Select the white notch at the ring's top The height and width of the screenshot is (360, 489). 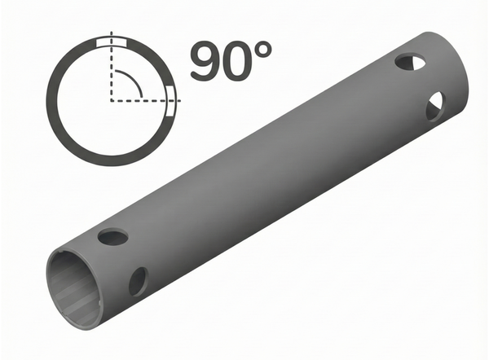(x=111, y=42)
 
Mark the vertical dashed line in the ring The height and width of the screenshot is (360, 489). (x=108, y=73)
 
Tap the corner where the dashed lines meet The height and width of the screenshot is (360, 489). (x=108, y=102)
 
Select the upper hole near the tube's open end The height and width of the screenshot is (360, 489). (x=113, y=237)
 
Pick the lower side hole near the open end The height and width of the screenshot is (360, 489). (x=138, y=282)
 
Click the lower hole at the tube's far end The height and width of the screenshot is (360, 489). (x=435, y=103)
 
